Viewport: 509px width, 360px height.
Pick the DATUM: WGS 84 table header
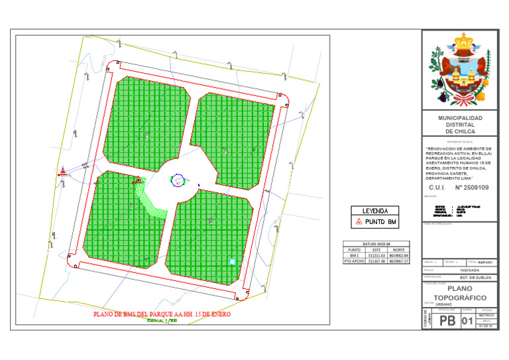pyautogui.click(x=375, y=244)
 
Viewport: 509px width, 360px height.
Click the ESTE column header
pyautogui.click(x=376, y=250)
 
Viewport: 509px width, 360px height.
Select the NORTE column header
pyautogui.click(x=399, y=250)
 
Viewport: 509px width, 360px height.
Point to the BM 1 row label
pyautogui.click(x=354, y=255)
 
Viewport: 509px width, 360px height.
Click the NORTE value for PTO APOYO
pyautogui.click(x=399, y=261)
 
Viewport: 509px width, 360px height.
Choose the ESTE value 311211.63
pyautogui.click(x=376, y=255)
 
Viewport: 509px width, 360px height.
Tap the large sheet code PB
pyautogui.click(x=447, y=322)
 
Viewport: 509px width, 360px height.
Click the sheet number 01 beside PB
pyautogui.click(x=468, y=322)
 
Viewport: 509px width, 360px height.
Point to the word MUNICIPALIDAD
pyautogui.click(x=460, y=118)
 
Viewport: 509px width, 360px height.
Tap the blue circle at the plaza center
pyautogui.click(x=178, y=179)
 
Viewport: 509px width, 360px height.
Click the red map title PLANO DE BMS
pyautogui.click(x=162, y=314)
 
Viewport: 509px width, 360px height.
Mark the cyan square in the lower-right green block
pyautogui.click(x=231, y=262)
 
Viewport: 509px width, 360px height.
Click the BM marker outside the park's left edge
pyautogui.click(x=62, y=172)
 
